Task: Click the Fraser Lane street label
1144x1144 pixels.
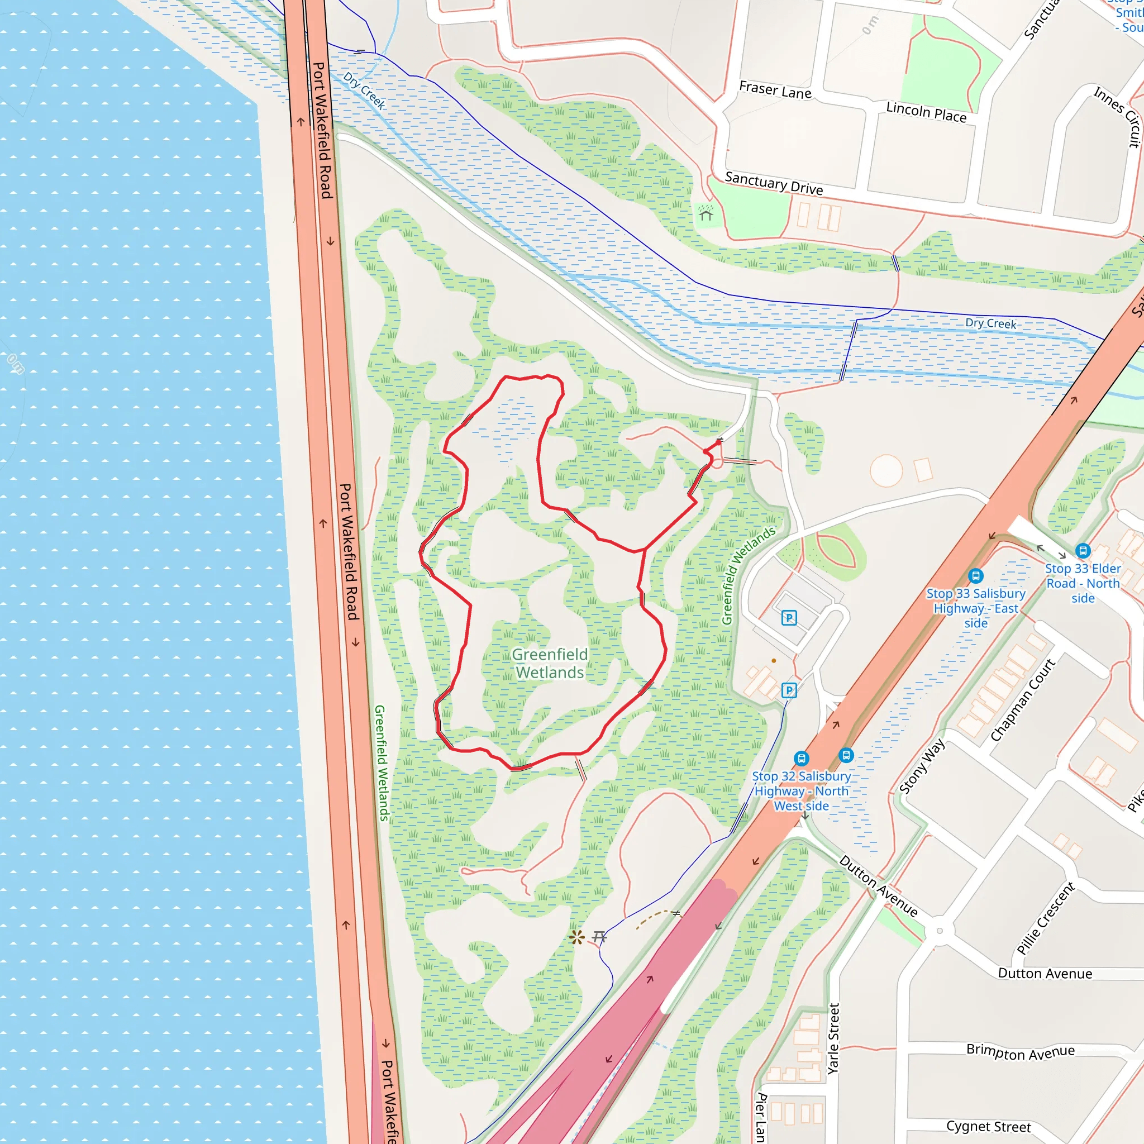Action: coord(775,90)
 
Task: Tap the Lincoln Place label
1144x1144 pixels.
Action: coord(926,112)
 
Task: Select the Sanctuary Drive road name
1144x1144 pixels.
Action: coord(774,183)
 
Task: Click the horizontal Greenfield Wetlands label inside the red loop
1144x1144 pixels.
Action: coord(550,663)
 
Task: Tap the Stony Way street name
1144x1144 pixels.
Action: coord(922,766)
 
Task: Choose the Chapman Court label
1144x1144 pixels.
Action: coord(1023,700)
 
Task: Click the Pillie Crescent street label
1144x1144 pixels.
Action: coord(1045,918)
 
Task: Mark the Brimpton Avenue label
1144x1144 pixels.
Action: coord(1020,1052)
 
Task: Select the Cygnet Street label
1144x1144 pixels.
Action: coord(988,1126)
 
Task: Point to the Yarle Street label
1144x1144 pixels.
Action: coord(833,1038)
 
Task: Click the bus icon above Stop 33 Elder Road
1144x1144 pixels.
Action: coord(1083,551)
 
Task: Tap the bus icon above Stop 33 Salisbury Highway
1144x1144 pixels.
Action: coord(976,575)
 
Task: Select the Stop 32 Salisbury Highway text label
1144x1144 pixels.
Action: coord(801,791)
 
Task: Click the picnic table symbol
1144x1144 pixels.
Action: coord(599,937)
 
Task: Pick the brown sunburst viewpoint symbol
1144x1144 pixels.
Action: coord(576,937)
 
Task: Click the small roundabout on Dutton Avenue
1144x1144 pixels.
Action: coord(939,931)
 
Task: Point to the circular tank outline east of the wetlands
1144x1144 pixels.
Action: coord(886,471)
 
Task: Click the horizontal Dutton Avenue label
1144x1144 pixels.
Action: coord(1045,974)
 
